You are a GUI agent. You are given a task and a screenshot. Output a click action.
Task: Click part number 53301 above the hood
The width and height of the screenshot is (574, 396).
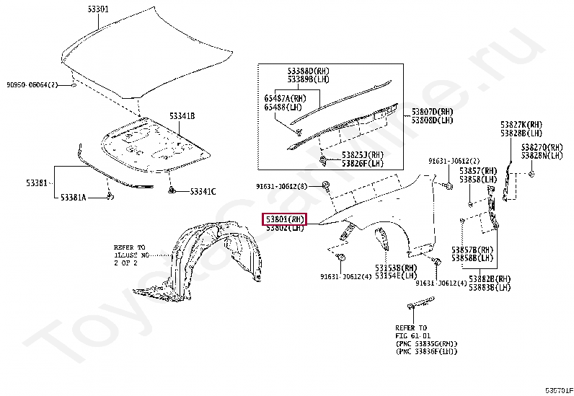97,9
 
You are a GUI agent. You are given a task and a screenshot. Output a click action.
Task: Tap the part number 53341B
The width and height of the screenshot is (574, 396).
182,115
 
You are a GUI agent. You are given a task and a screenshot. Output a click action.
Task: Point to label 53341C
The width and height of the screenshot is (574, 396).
202,191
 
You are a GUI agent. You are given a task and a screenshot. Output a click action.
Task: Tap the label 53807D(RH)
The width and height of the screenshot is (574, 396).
432,112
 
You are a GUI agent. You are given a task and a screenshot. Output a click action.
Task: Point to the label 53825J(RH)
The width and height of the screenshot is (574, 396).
363,154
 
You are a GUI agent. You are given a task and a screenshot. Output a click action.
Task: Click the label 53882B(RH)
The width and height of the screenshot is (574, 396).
490,278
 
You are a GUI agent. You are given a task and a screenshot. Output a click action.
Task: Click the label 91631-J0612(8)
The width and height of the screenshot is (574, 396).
281,186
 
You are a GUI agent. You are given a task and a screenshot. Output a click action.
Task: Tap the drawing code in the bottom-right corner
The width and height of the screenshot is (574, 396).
558,390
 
